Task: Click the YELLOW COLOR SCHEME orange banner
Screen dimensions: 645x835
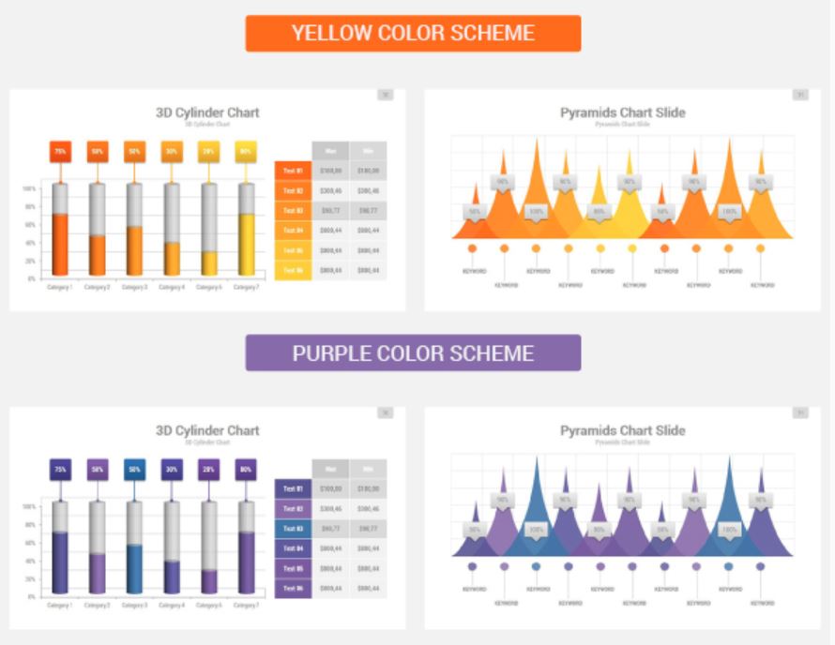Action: coord(413,33)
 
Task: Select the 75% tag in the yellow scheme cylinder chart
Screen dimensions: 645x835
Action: coord(60,151)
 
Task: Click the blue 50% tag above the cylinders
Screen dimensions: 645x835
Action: coord(134,469)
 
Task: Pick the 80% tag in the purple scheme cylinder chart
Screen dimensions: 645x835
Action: coord(246,469)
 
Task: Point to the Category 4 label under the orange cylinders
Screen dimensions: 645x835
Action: coord(171,287)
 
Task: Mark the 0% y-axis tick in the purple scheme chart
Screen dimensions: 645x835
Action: coord(31,596)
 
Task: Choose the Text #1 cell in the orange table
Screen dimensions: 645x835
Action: coord(293,171)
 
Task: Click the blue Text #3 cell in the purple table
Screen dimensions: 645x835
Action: coord(293,528)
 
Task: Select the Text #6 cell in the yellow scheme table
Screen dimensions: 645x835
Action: coord(293,270)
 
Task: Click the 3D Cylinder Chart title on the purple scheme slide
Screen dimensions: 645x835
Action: coord(207,430)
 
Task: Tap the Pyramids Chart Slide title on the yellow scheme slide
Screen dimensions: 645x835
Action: coord(622,112)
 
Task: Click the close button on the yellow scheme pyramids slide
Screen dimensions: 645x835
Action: coord(800,95)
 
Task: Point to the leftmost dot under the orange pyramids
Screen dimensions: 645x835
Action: coord(472,248)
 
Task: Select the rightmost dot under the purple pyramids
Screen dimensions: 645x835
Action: coord(760,566)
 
